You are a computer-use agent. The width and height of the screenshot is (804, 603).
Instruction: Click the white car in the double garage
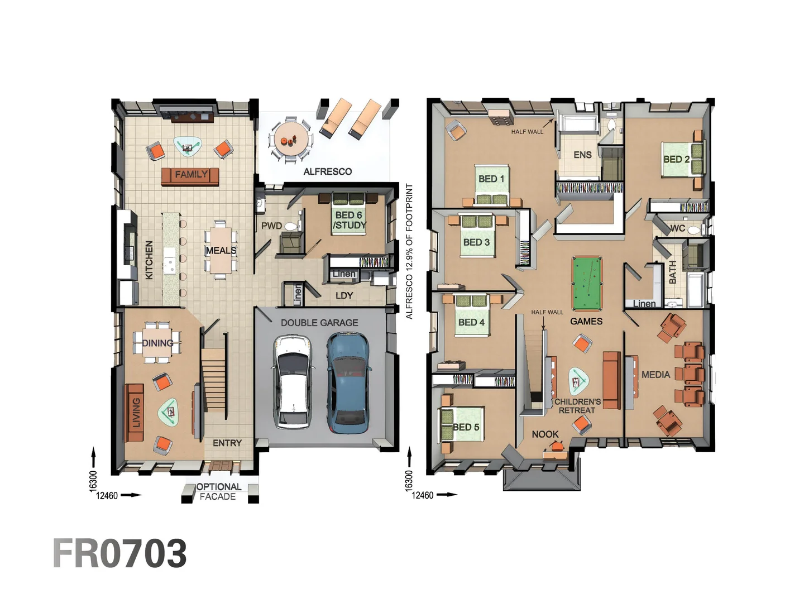tap(293, 382)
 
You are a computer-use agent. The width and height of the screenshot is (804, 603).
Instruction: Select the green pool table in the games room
tap(587, 283)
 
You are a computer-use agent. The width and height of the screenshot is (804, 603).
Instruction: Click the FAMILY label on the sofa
tap(191, 175)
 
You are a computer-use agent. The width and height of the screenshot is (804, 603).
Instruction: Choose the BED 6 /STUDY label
tap(350, 220)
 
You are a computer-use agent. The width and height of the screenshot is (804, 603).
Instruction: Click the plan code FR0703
tap(120, 554)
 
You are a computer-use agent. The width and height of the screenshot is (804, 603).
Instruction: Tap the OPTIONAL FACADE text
tap(218, 491)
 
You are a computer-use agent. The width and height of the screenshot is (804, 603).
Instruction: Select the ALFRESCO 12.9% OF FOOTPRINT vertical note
tap(409, 251)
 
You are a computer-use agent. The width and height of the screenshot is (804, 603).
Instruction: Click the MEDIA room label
tap(655, 375)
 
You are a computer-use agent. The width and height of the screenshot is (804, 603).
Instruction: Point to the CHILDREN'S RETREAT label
tap(577, 406)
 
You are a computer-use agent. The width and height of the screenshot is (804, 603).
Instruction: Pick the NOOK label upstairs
tap(545, 434)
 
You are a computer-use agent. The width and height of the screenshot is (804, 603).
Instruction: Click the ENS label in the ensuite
tap(582, 155)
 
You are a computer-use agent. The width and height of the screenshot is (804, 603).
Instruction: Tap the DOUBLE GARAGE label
tap(319, 323)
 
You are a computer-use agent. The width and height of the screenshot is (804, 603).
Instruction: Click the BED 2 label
tap(676, 159)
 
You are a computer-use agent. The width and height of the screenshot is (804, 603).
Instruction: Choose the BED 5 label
tap(466, 427)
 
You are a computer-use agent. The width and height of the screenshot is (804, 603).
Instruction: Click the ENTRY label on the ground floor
tap(227, 443)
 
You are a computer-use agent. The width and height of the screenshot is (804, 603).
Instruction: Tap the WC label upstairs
tap(677, 228)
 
